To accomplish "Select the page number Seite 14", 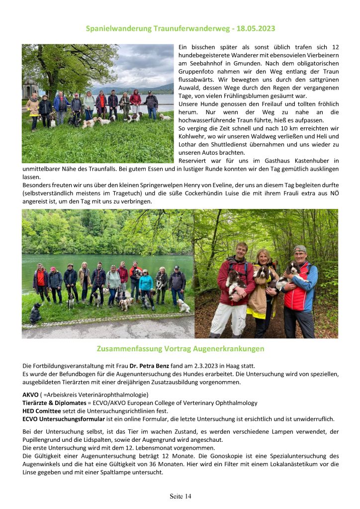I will click(x=180, y=496).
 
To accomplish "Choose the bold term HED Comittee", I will click(x=42, y=410).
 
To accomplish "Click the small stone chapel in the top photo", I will click(x=30, y=89).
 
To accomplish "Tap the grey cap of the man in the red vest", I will click(x=300, y=248).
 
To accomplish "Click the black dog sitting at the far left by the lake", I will click(x=35, y=314).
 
